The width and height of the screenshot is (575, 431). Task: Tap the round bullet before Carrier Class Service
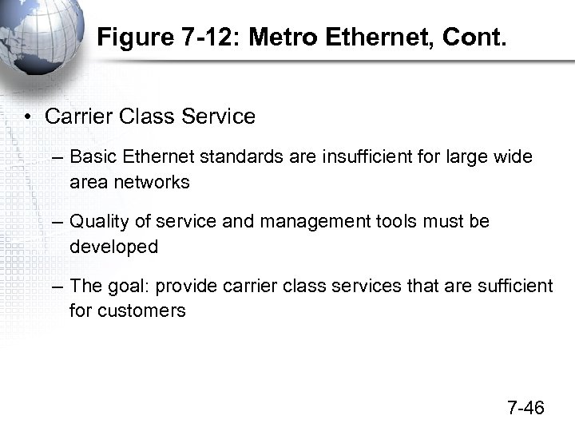(x=27, y=117)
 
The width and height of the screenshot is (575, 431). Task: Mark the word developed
(x=113, y=247)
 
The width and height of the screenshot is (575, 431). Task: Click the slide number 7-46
(x=525, y=408)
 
